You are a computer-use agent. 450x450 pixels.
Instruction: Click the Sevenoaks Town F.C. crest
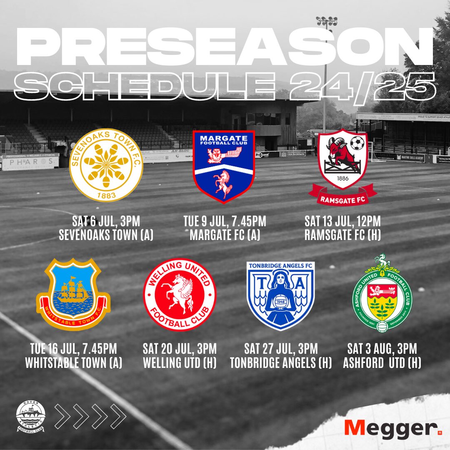click(x=106, y=165)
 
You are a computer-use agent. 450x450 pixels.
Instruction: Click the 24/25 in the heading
click(x=362, y=86)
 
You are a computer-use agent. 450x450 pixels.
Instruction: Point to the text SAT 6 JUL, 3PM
click(x=106, y=222)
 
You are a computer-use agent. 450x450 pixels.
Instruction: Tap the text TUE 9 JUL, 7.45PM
click(x=225, y=222)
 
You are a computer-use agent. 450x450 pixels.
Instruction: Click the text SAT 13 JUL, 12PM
click(x=342, y=222)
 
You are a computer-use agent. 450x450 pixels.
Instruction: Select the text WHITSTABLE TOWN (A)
click(x=73, y=362)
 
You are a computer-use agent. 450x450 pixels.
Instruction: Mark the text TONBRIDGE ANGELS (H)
click(x=280, y=362)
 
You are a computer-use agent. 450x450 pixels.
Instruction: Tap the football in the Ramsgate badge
click(x=357, y=143)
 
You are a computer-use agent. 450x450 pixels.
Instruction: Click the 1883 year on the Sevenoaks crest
click(x=106, y=195)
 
